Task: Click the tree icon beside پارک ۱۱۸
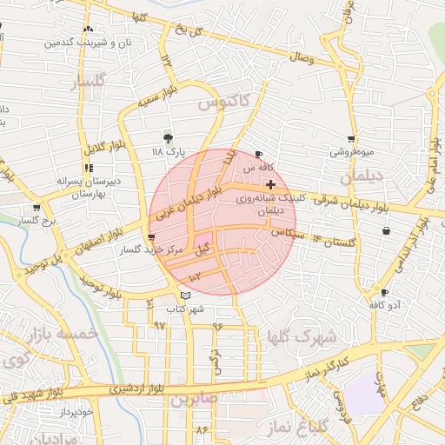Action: (168, 137)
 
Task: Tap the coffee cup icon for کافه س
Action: (258, 154)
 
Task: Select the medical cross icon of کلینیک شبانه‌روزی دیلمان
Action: (271, 184)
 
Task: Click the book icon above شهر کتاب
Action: (184, 296)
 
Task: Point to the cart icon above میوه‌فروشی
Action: (351, 138)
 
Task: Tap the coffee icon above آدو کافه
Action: (384, 292)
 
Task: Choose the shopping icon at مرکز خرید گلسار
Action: (152, 236)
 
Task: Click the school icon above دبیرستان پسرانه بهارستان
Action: (88, 168)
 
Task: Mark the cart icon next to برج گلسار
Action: (37, 208)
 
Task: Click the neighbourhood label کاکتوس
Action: (222, 103)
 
